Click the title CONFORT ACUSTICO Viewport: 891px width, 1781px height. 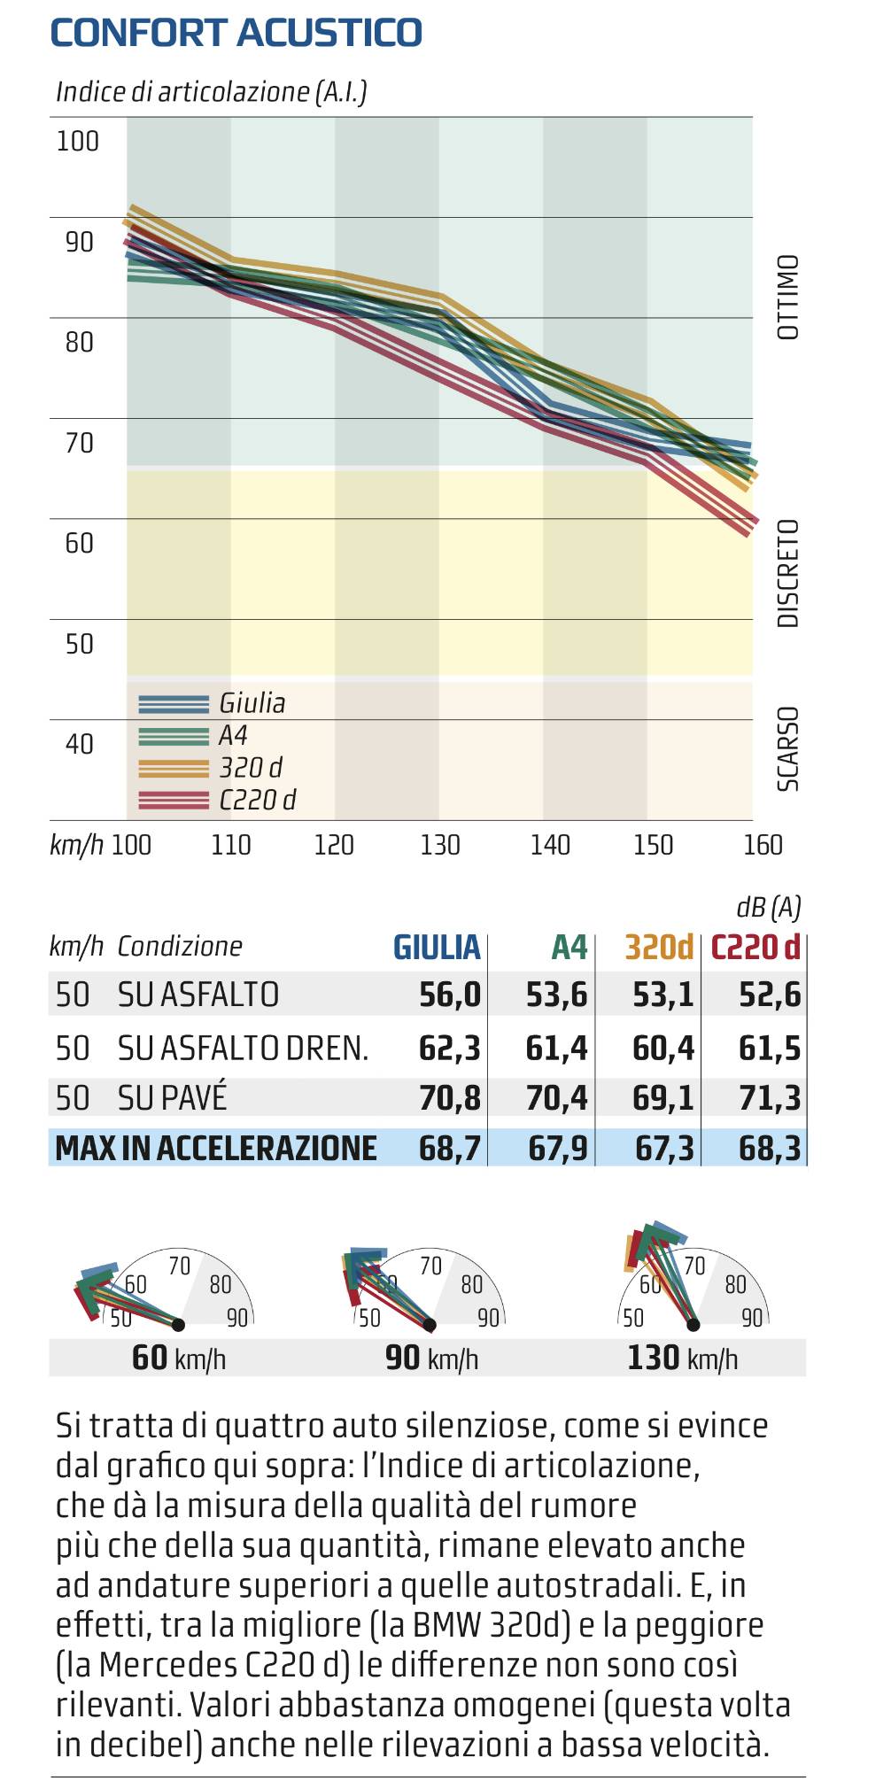[236, 33]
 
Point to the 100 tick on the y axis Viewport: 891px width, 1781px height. [78, 142]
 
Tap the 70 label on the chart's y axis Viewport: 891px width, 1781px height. [79, 443]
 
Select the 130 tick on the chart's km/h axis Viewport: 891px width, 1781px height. [440, 846]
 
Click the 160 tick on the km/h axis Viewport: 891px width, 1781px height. [763, 846]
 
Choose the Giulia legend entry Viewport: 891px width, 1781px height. [252, 703]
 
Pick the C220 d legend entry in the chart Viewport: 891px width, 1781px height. [257, 800]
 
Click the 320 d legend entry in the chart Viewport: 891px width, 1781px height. [251, 768]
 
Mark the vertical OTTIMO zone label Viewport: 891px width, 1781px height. [787, 298]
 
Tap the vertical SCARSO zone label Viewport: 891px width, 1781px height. [787, 748]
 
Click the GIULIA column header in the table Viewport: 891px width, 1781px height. [437, 948]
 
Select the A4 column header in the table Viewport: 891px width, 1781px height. [569, 948]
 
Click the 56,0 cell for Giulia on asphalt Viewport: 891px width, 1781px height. [449, 995]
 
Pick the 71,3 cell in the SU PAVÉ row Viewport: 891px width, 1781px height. [769, 1098]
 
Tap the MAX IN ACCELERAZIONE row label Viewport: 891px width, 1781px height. [215, 1149]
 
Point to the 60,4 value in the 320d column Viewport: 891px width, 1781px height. [662, 1049]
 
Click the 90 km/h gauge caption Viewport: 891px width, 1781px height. [431, 1358]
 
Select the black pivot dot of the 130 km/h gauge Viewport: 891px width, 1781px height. [693, 1325]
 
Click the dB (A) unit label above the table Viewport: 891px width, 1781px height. [768, 908]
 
